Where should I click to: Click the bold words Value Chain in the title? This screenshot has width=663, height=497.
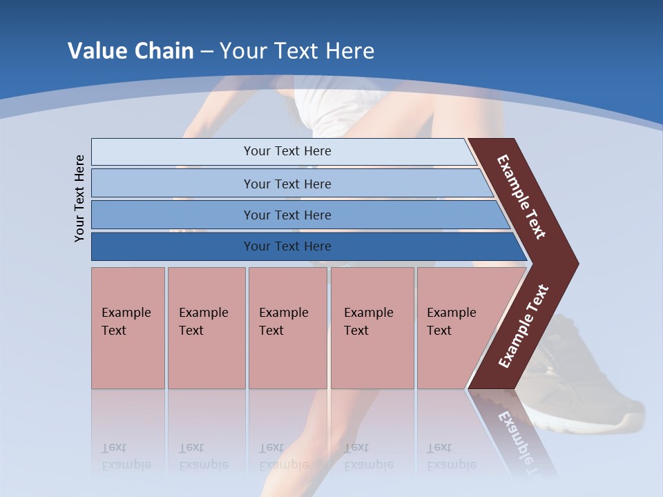pos(131,51)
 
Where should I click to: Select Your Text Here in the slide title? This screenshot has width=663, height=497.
pos(297,51)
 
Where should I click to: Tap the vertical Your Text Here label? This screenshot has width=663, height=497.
pos(80,198)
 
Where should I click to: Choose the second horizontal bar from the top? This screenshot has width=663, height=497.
pos(287,184)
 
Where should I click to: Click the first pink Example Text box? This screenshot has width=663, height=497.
pos(128,327)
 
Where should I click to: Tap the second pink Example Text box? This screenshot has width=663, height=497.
pos(206,327)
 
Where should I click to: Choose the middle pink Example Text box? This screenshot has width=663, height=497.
pos(287,327)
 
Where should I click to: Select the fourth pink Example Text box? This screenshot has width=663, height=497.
pos(372,327)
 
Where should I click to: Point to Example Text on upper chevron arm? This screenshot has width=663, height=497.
pos(522,197)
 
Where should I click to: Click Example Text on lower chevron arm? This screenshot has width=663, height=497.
pos(523,327)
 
